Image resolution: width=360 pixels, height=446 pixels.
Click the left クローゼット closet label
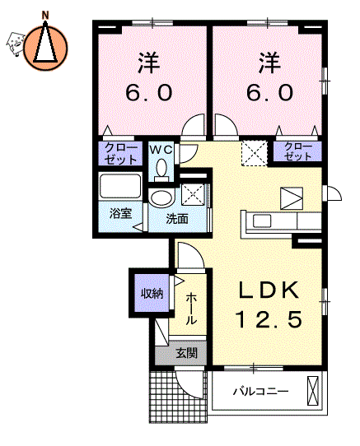[x=118, y=151]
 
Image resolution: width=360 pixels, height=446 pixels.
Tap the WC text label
[x=161, y=149]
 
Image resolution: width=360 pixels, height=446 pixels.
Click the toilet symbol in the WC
[x=161, y=169]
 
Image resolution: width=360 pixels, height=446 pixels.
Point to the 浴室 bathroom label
[x=120, y=213]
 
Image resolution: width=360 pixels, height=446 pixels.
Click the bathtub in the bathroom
[x=121, y=186]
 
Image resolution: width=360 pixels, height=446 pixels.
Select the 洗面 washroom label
[x=176, y=219]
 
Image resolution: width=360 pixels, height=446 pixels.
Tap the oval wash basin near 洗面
[x=162, y=197]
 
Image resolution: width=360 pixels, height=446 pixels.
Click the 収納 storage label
[x=151, y=292]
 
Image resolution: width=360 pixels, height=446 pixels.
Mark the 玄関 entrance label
[x=186, y=354]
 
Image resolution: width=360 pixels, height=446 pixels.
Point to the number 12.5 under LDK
[x=265, y=318]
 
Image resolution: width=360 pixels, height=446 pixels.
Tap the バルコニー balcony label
[x=259, y=391]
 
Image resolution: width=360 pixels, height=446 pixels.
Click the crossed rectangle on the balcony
[x=312, y=390]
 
